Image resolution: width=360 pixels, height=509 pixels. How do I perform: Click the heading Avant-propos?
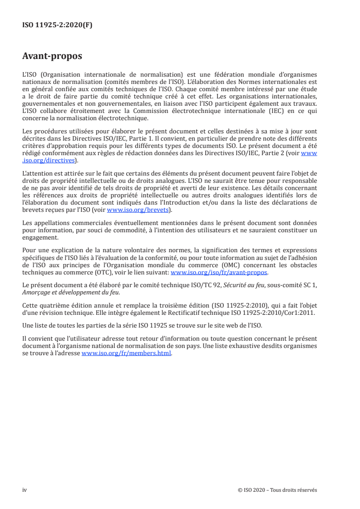pos(52,56)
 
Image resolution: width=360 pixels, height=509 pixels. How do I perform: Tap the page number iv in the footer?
pos(25,490)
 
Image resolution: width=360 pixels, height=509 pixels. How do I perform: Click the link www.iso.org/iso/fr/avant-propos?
pos(219,273)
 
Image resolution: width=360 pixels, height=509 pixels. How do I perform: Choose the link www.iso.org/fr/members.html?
pos(126,354)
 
